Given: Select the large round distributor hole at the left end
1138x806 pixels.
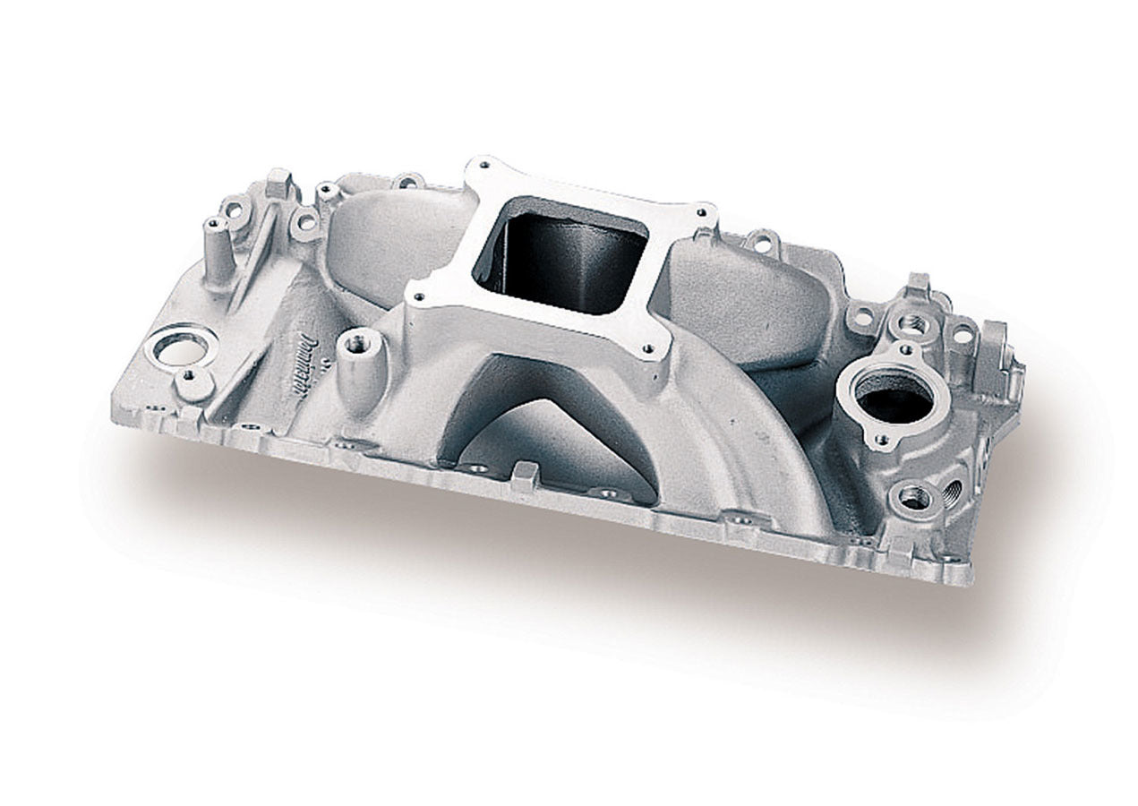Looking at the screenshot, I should pyautogui.click(x=180, y=347).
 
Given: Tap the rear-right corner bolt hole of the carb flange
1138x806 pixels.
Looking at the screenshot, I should pyautogui.click(x=701, y=213).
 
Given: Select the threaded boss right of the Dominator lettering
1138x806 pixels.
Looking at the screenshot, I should pyautogui.click(x=362, y=342).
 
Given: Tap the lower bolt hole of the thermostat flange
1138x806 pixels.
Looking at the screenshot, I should pyautogui.click(x=882, y=440).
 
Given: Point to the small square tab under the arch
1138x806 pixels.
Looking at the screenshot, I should pyautogui.click(x=525, y=474).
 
